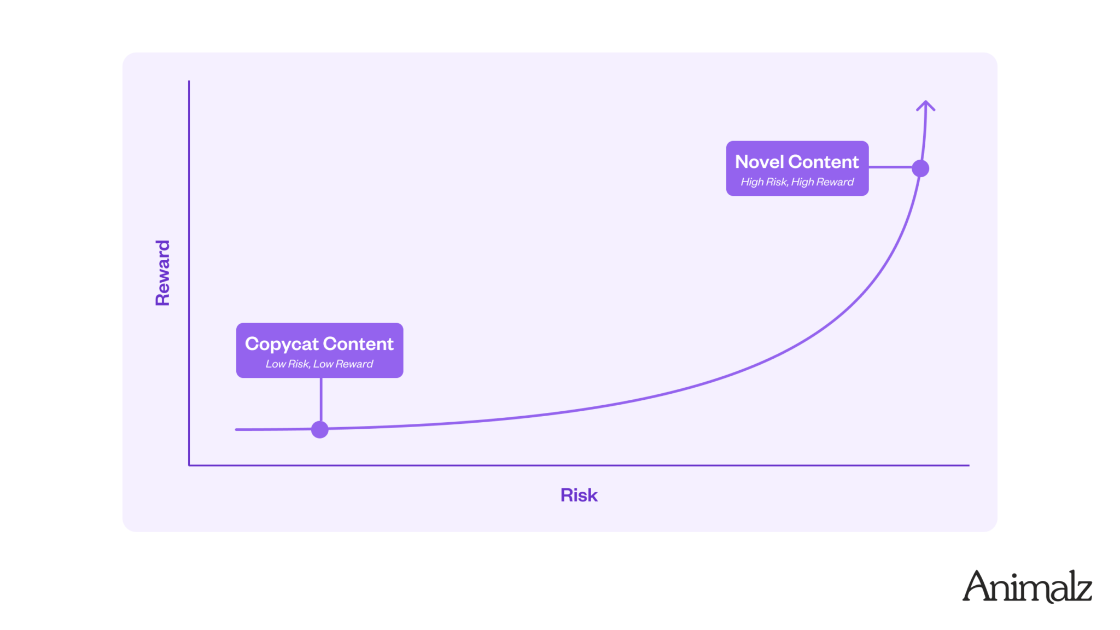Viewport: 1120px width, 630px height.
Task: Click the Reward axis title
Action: [x=162, y=272]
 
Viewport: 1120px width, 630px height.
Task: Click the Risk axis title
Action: [x=579, y=495]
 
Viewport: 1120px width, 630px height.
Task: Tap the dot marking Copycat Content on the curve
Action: [x=320, y=429]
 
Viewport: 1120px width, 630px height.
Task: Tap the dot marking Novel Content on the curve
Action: [x=920, y=168]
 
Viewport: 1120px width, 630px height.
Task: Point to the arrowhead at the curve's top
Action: [x=925, y=105]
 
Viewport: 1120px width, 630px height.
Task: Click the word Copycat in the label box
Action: [x=282, y=345]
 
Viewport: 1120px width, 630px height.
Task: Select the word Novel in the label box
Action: [x=760, y=162]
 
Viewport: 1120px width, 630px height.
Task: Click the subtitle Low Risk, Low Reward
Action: [x=319, y=364]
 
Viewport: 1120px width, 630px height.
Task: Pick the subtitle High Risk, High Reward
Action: [x=797, y=182]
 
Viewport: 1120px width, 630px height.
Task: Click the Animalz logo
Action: [x=1027, y=586]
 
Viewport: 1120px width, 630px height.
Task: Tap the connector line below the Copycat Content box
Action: [x=321, y=399]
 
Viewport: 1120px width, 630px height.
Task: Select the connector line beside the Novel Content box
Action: [x=890, y=167]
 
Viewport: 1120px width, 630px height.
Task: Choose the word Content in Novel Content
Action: [x=824, y=162]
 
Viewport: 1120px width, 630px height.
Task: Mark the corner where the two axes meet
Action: [x=189, y=465]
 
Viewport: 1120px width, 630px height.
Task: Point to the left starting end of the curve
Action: [x=236, y=430]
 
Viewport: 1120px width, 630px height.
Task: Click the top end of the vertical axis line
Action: [x=189, y=81]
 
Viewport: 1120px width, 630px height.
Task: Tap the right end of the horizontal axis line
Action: [x=969, y=465]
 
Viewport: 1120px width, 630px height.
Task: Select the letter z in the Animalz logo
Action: [x=1082, y=592]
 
